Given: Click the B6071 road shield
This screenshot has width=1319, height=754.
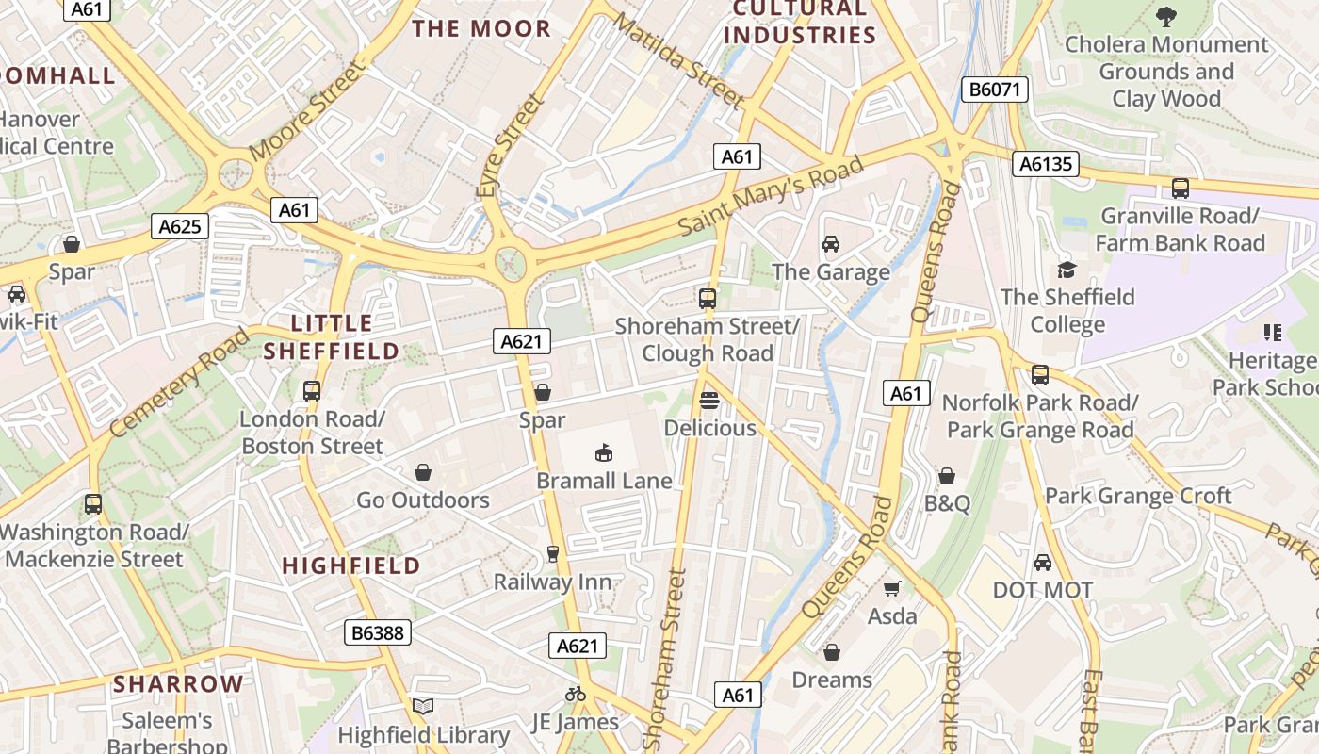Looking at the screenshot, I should point(994,90).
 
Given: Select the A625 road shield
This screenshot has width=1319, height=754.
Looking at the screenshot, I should point(180,226).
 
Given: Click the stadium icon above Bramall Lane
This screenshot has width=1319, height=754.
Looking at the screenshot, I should point(603,453).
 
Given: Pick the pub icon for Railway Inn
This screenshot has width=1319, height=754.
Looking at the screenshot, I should point(553,554).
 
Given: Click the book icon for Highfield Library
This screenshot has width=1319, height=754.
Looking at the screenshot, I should point(423,706).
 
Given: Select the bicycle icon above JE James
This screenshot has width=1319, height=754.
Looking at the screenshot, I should point(575,694).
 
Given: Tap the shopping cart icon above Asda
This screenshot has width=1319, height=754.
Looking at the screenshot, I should point(891,588).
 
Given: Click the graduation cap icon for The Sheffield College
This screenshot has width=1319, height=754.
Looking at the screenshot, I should point(1067,270).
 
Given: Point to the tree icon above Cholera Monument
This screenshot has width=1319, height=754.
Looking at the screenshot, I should point(1166,16).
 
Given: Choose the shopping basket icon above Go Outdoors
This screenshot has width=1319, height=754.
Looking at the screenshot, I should point(423,471).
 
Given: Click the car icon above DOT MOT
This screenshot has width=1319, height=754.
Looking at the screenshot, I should point(1042,563).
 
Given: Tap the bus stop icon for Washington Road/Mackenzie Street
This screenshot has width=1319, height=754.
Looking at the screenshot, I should point(92,503).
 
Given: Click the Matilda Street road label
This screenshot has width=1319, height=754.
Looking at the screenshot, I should point(679,60).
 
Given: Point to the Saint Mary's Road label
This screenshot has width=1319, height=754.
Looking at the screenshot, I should point(770,196).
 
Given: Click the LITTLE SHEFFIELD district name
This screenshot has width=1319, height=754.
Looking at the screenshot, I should point(332,337).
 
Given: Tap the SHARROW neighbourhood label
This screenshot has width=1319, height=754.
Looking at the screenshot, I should point(178,684).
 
